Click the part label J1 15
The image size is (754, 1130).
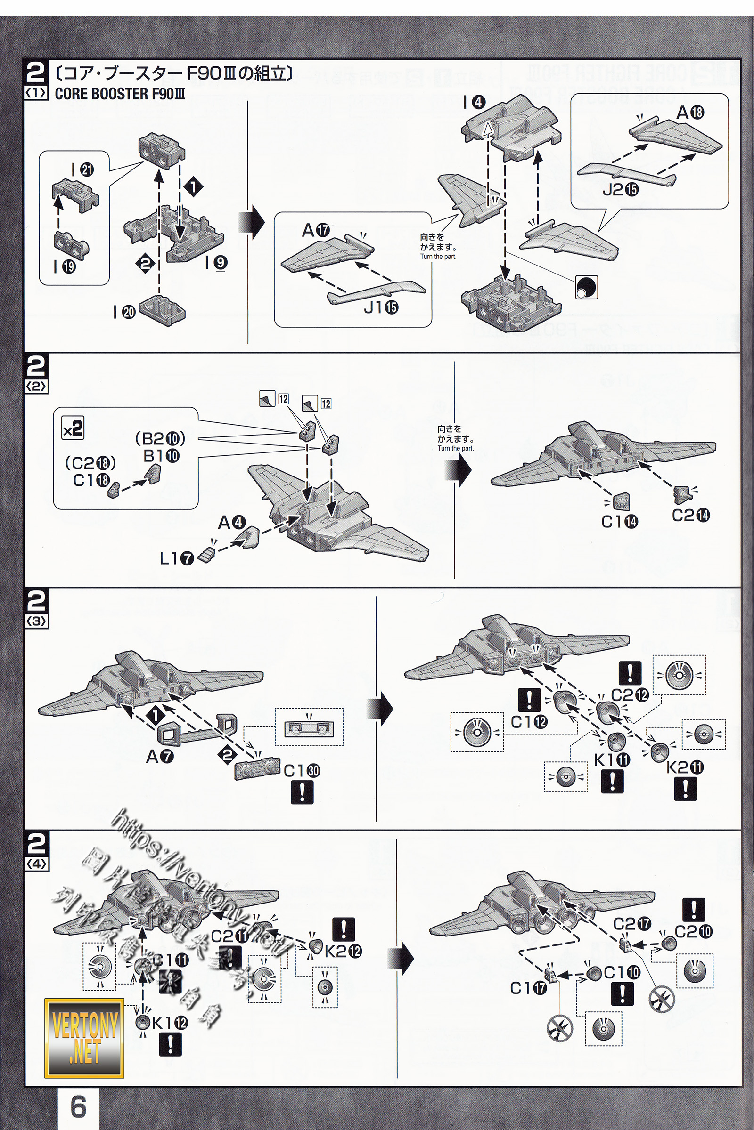click(381, 307)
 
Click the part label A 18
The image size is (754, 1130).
click(690, 113)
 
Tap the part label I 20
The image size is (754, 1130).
click(124, 312)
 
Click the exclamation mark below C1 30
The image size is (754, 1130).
click(302, 792)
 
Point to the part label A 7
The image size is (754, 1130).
click(160, 757)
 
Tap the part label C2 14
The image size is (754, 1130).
click(690, 516)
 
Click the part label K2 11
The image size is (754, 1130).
click(685, 768)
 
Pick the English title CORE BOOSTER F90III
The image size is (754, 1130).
click(120, 94)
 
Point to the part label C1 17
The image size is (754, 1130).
click(528, 988)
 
